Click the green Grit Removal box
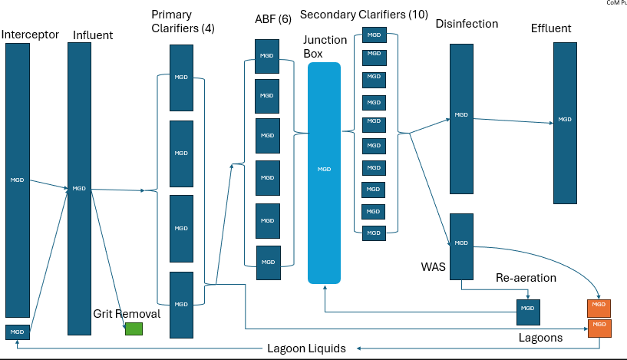(x=134, y=329)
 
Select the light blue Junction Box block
(x=324, y=173)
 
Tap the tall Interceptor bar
(x=18, y=180)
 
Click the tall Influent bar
(x=79, y=189)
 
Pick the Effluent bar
(x=565, y=123)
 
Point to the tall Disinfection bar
(x=461, y=119)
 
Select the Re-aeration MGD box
(x=528, y=310)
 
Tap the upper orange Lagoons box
(x=599, y=308)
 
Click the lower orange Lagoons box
(x=599, y=329)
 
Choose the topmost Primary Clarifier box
(x=180, y=78)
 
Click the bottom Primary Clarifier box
(x=180, y=305)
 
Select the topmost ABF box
(x=266, y=57)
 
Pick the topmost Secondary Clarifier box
(x=374, y=35)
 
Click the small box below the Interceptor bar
(x=18, y=332)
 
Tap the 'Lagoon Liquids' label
(x=306, y=348)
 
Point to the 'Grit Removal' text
(x=127, y=314)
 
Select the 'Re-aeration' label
(x=525, y=276)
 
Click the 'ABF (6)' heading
(x=273, y=18)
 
